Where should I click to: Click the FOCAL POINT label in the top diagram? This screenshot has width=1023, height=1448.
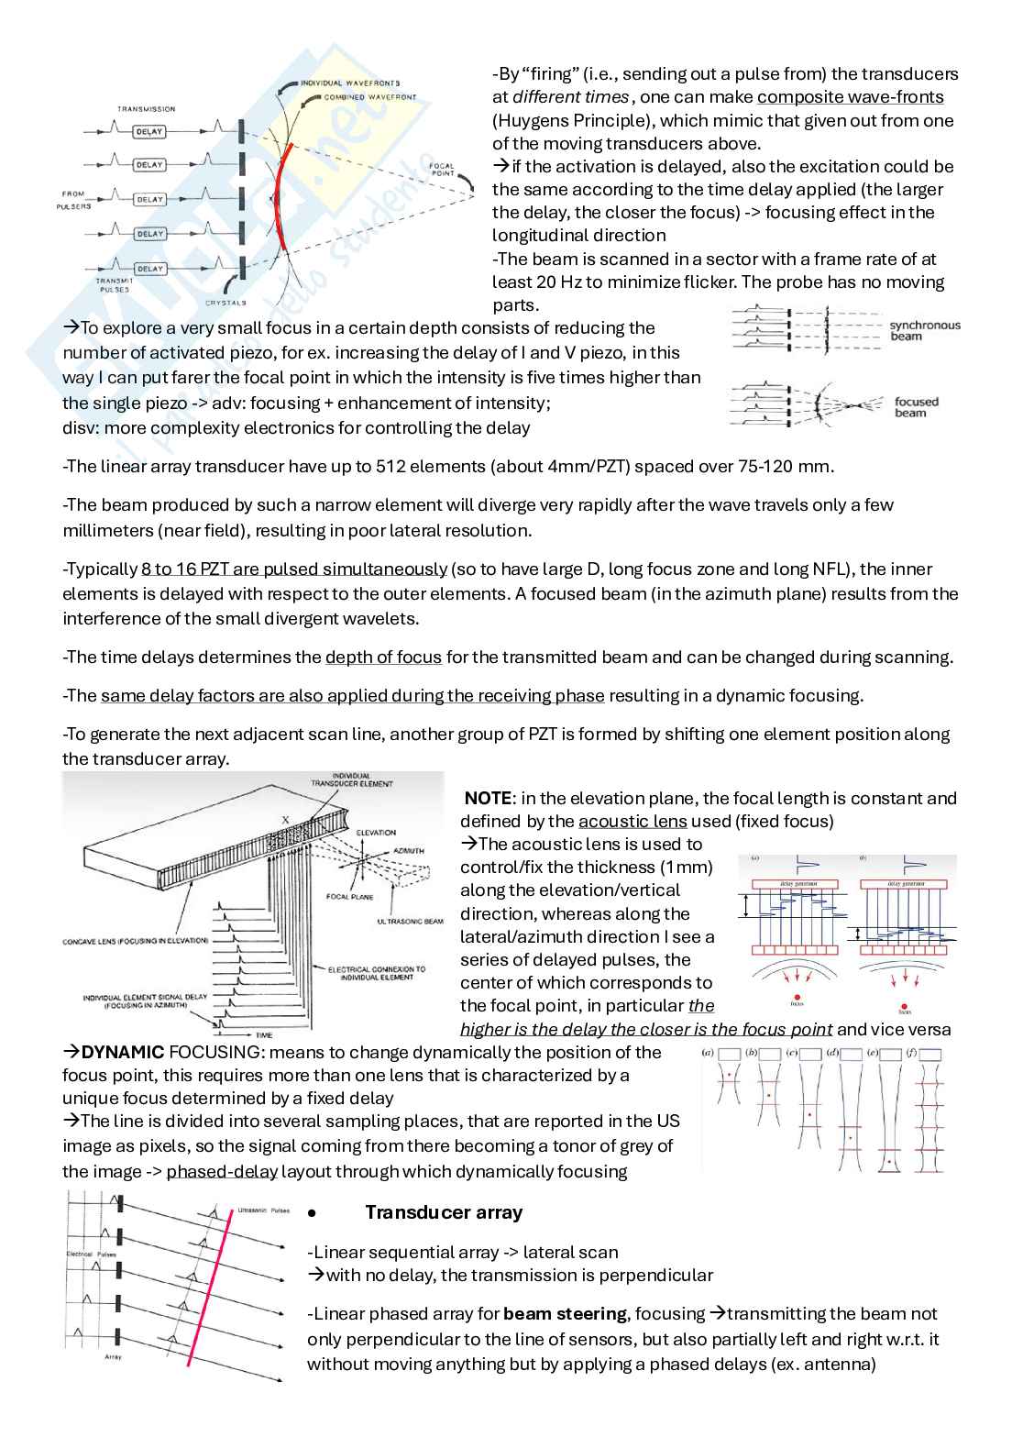click(443, 170)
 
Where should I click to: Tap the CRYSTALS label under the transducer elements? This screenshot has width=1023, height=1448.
click(225, 303)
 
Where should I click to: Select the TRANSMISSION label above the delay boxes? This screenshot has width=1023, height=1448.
click(146, 109)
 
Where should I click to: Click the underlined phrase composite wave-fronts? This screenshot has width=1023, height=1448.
click(850, 97)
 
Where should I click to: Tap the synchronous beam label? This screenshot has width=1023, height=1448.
click(924, 331)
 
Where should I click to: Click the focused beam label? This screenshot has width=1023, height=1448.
click(916, 407)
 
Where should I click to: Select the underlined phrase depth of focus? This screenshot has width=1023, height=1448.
click(383, 658)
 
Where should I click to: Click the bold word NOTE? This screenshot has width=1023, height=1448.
click(488, 799)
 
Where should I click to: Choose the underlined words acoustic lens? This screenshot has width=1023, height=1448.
click(632, 822)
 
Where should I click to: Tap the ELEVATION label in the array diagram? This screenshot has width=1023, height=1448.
click(376, 833)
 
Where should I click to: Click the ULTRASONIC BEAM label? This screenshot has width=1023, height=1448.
click(410, 922)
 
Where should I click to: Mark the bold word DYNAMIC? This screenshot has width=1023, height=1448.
click(123, 1053)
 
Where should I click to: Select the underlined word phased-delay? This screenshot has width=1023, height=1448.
click(222, 1172)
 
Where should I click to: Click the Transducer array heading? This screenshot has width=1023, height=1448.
click(444, 1212)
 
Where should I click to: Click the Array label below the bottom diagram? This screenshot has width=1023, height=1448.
click(113, 1356)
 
